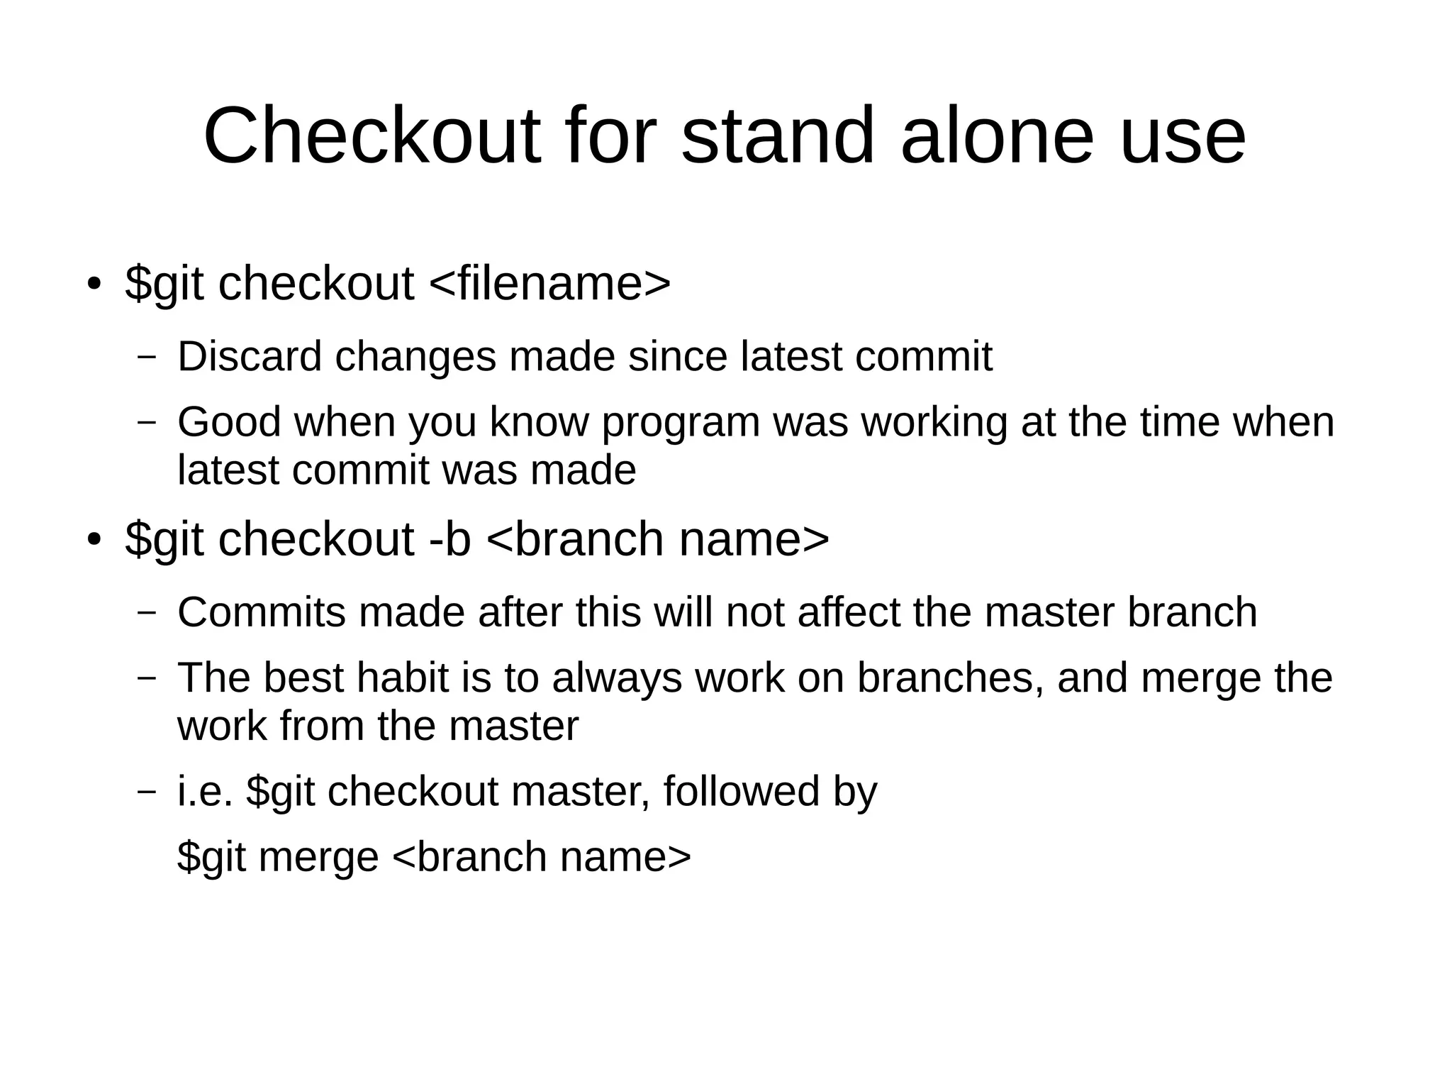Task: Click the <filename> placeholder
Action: pyautogui.click(x=549, y=283)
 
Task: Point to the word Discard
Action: pyautogui.click(x=250, y=356)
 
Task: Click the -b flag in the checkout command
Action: pyautogui.click(x=450, y=538)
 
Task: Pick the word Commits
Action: pyautogui.click(x=262, y=612)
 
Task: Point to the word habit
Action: pyautogui.click(x=402, y=678)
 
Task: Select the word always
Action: pyautogui.click(x=616, y=678)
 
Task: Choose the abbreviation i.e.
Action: pyautogui.click(x=205, y=791)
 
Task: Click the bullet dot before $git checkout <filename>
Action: pyautogui.click(x=93, y=284)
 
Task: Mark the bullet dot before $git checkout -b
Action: pyautogui.click(x=93, y=540)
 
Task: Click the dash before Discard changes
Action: pyautogui.click(x=147, y=357)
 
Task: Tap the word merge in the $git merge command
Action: pyautogui.click(x=318, y=857)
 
